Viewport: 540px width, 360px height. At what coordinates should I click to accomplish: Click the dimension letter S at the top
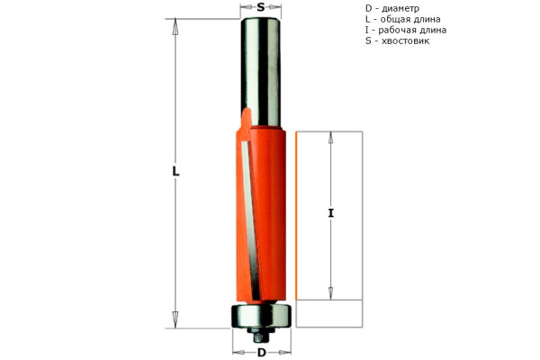pos(261,7)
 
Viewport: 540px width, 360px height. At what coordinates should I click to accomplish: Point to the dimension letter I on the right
pos(330,213)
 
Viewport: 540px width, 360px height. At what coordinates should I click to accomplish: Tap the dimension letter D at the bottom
pos(261,352)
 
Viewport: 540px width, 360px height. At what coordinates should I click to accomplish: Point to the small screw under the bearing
pos(261,336)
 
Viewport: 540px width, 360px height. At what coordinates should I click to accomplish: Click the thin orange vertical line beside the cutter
pos(296,216)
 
